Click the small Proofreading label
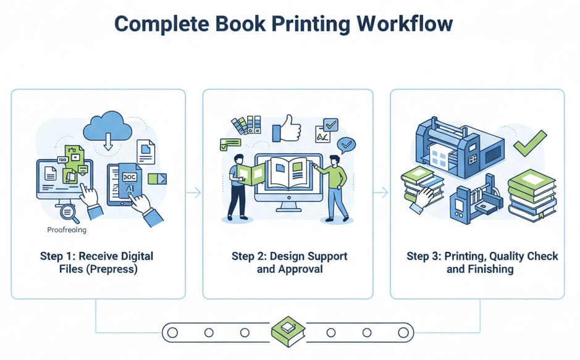pyautogui.click(x=67, y=230)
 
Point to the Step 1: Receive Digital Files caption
pyautogui.click(x=98, y=262)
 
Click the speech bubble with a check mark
pyautogui.click(x=347, y=146)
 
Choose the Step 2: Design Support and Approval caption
pyautogui.click(x=290, y=262)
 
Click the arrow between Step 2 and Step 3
pyautogui.click(x=381, y=193)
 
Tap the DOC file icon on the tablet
pyautogui.click(x=131, y=175)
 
